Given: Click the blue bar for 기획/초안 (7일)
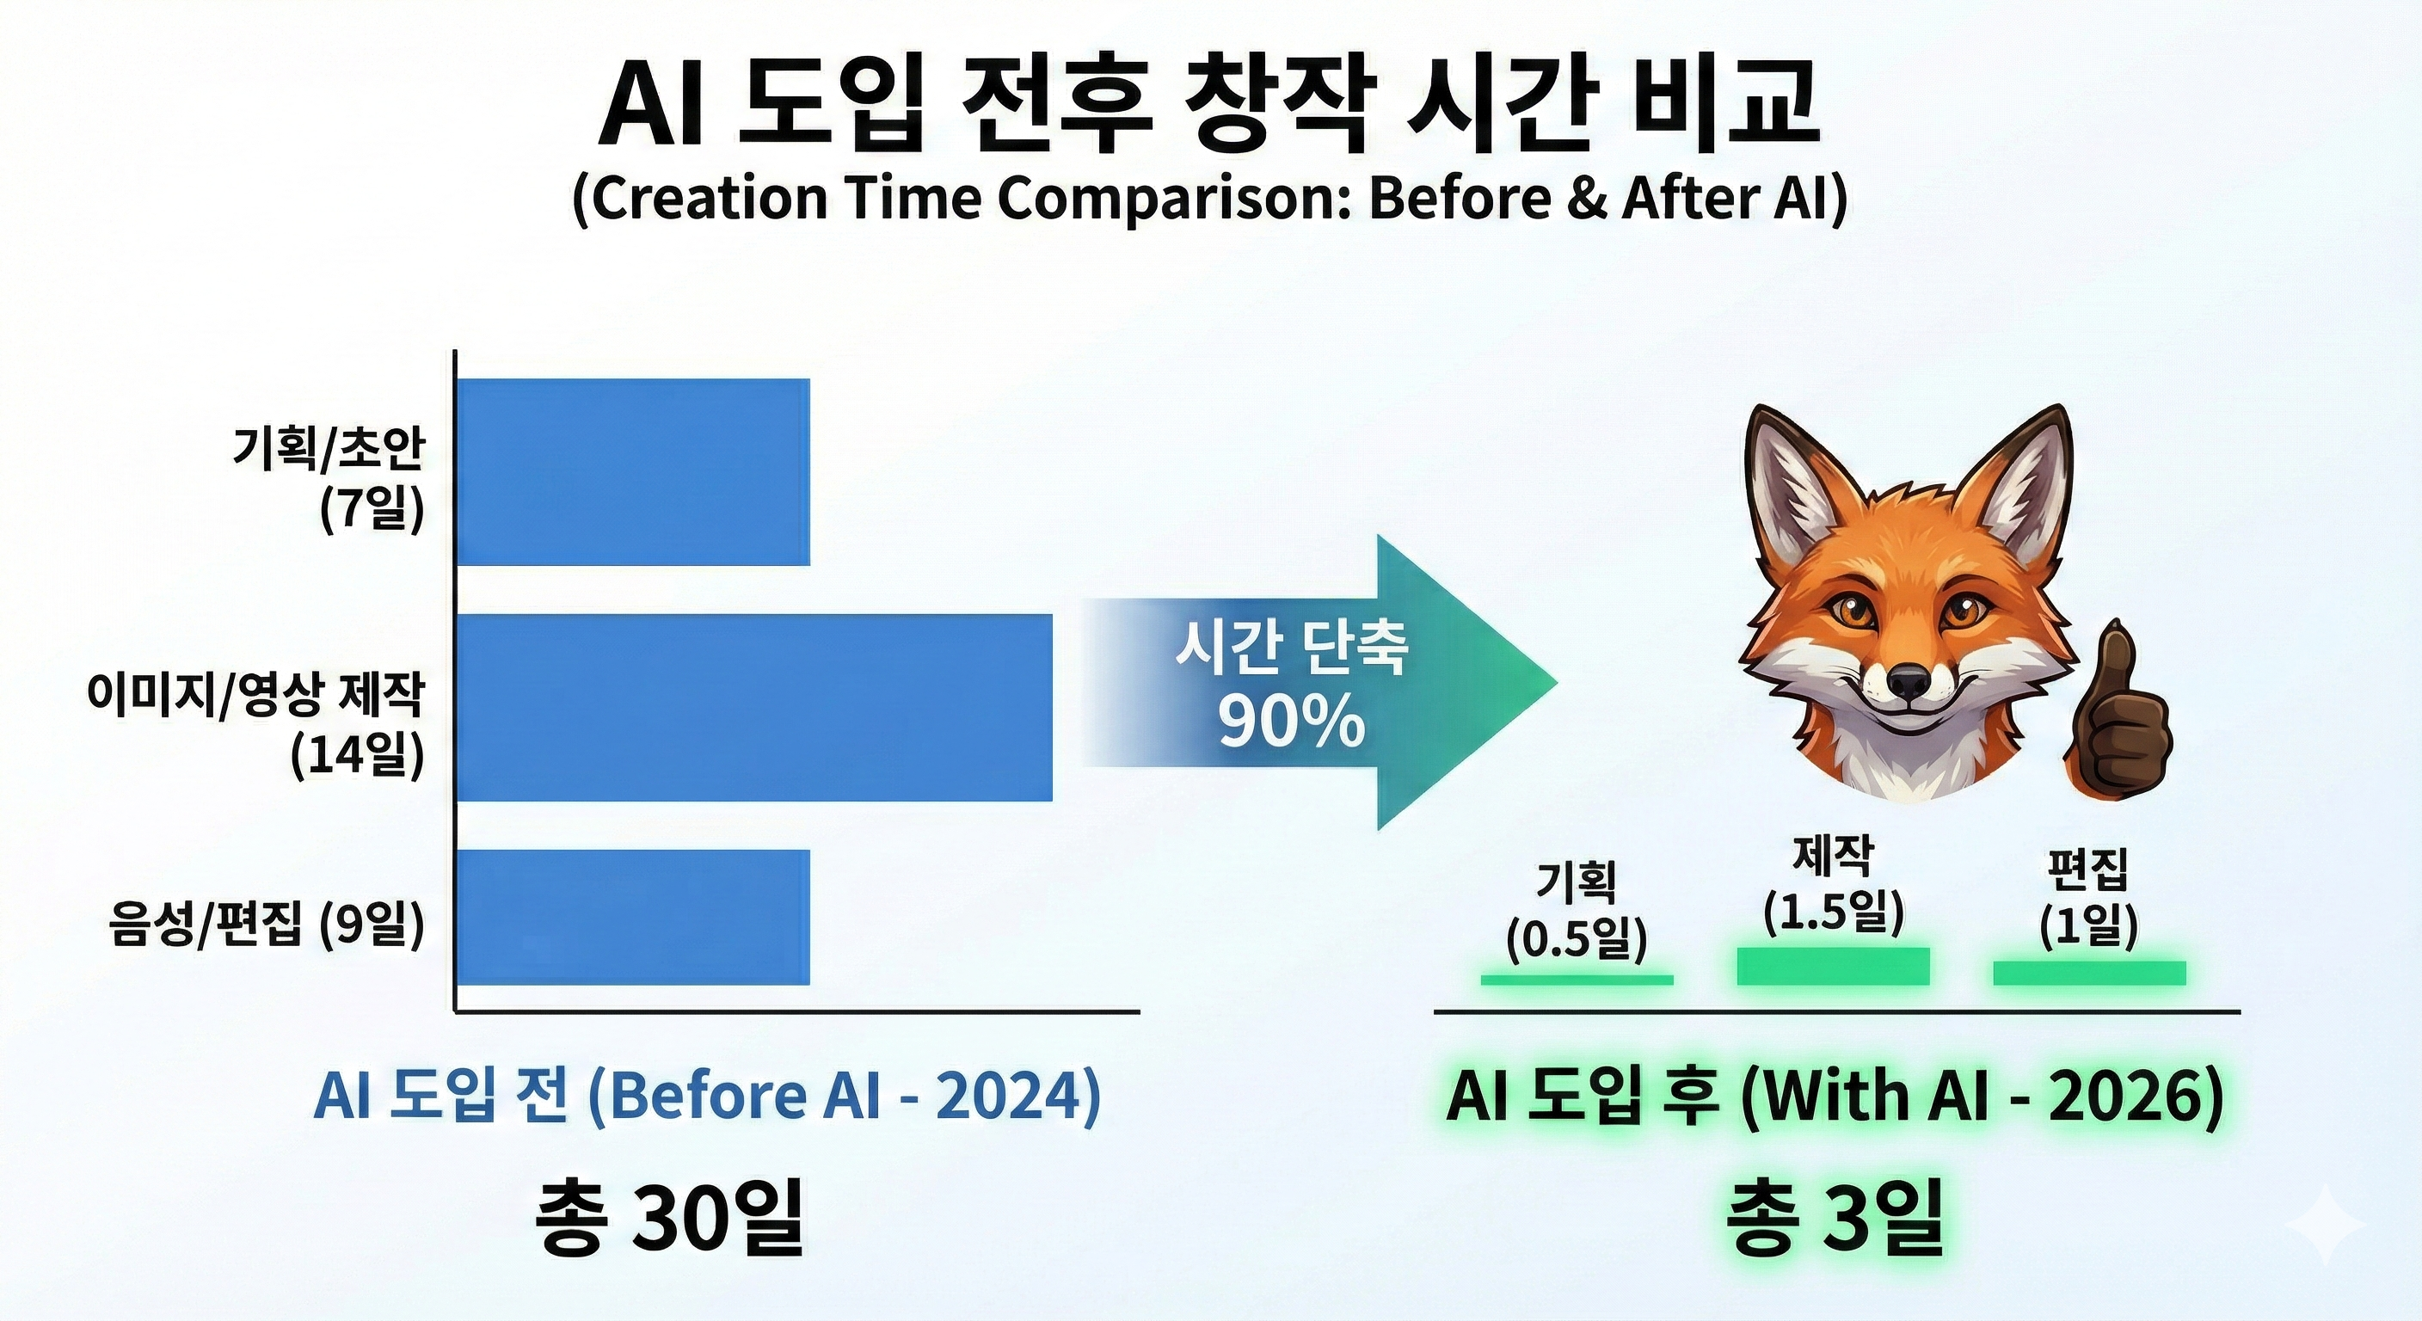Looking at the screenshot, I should [632, 472].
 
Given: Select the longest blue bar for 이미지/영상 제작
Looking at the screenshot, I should [753, 707].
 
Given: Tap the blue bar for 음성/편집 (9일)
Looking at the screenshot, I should [632, 917].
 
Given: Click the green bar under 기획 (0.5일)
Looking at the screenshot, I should [1577, 980].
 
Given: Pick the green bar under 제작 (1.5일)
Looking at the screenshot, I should [1833, 966].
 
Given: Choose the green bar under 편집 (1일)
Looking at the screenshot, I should [2089, 974].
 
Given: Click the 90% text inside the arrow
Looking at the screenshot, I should [1291, 722].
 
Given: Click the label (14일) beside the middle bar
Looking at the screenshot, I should [357, 754].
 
